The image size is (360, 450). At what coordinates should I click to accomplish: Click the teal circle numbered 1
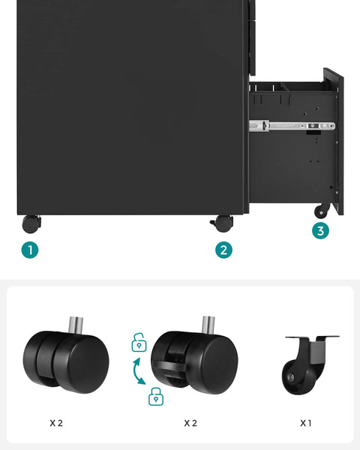tap(30, 250)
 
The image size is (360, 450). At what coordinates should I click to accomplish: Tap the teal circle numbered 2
tap(223, 250)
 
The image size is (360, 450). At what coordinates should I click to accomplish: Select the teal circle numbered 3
tap(320, 231)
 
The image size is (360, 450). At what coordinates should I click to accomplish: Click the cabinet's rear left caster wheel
tap(31, 223)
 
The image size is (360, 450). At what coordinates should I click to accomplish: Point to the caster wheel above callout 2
tap(223, 223)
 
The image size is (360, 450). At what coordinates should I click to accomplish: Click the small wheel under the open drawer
tap(322, 211)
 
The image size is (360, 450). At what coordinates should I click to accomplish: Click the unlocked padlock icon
tap(139, 343)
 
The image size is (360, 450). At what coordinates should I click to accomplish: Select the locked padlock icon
tap(156, 396)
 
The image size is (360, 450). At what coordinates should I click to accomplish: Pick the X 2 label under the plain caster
tap(56, 423)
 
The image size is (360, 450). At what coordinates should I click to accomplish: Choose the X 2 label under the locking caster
tap(190, 423)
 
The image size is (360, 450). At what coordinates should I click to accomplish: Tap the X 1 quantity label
tap(306, 423)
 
